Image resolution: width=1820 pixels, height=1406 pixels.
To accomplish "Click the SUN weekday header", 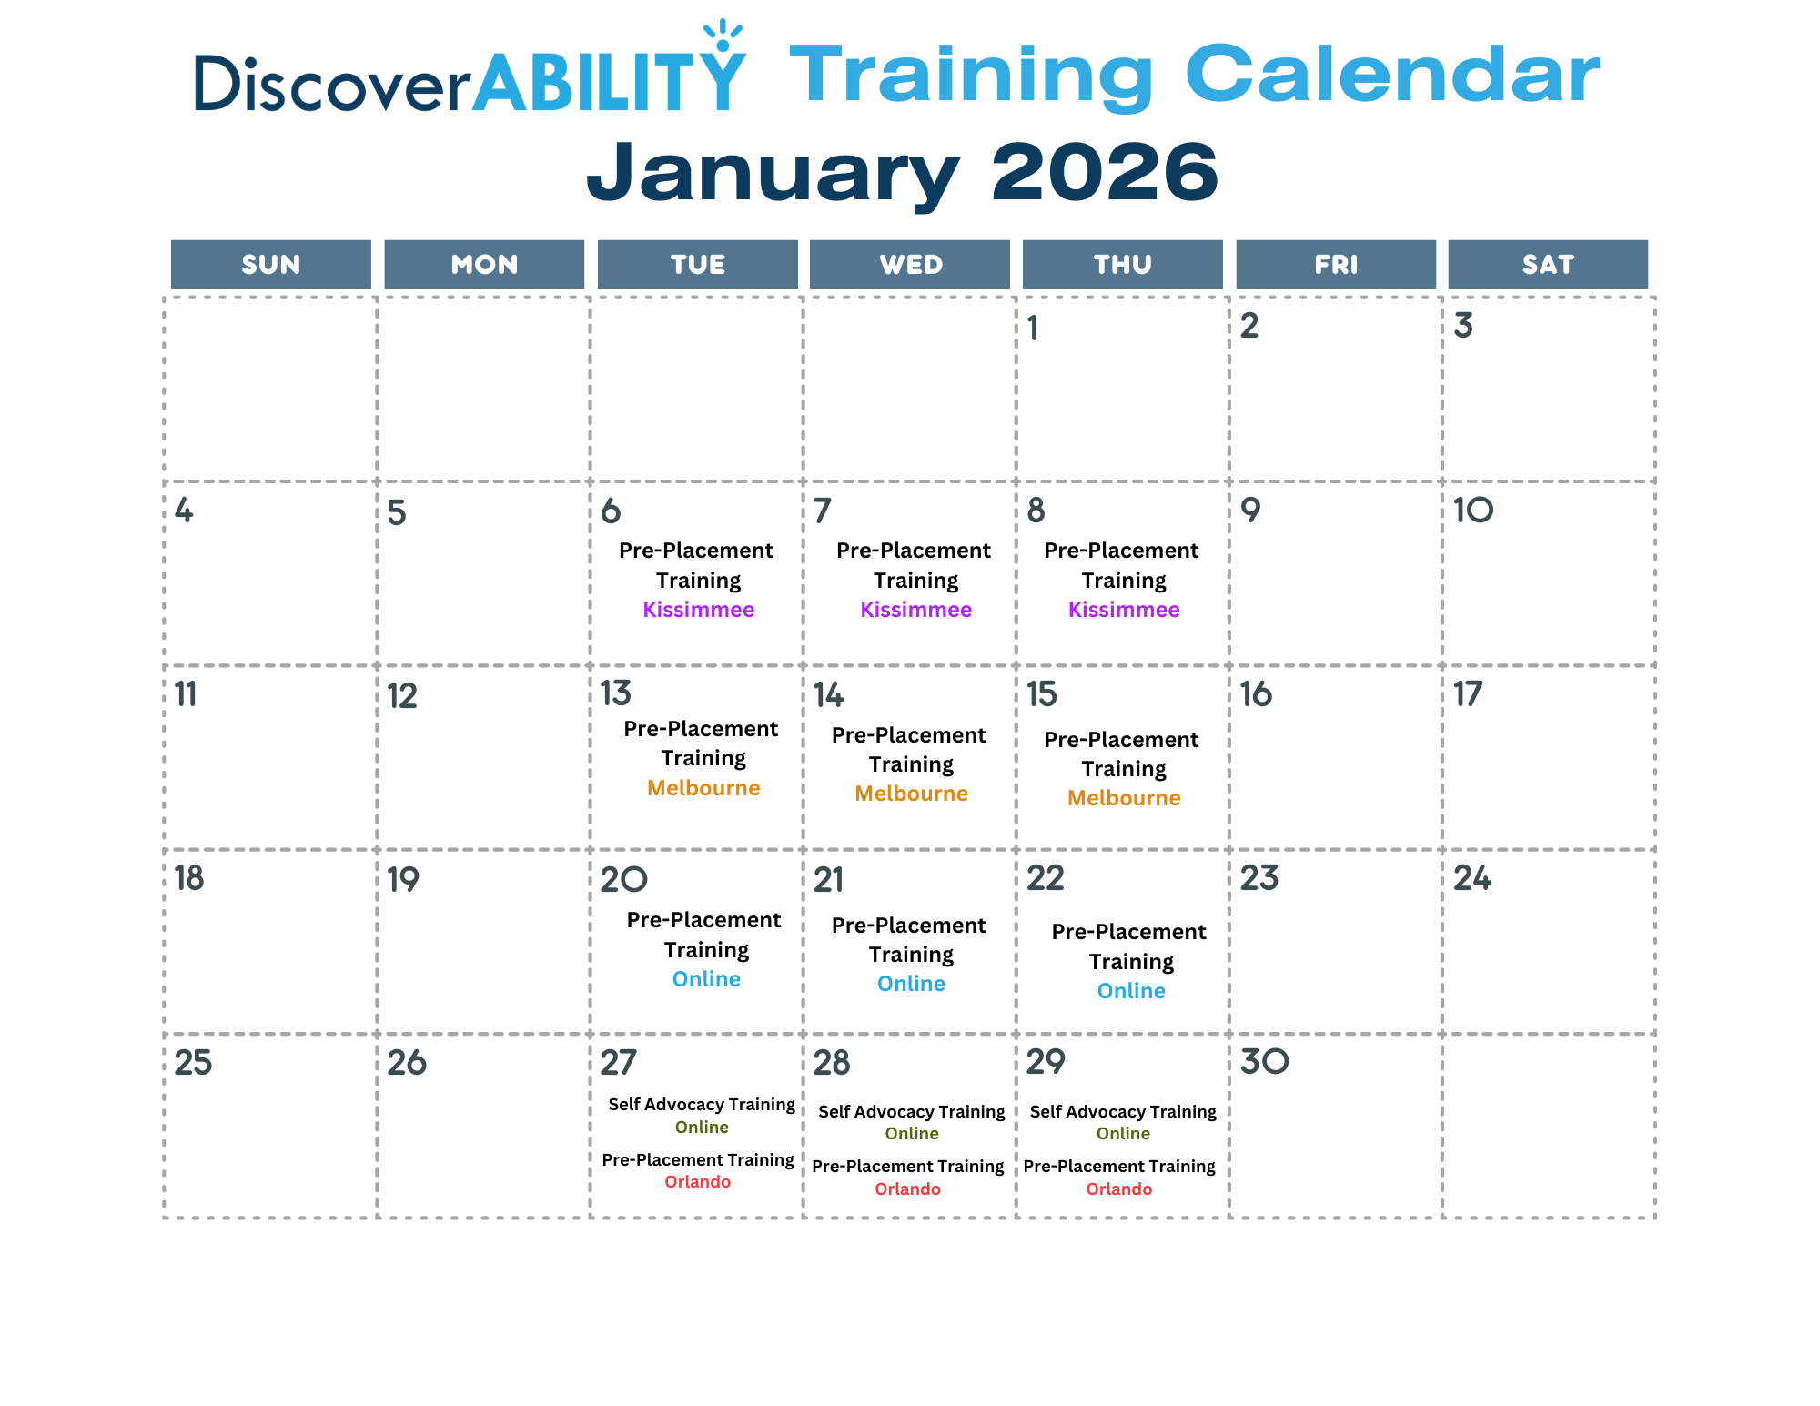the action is point(271,265).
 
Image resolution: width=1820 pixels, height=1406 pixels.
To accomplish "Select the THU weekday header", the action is point(1123,265).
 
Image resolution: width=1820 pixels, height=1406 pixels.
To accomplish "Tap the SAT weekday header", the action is point(1548,265).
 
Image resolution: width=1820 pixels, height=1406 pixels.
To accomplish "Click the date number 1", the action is point(1033,328).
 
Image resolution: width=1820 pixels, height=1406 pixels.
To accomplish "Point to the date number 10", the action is point(1473,510).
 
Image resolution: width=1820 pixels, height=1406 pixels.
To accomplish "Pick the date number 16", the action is point(1256,694).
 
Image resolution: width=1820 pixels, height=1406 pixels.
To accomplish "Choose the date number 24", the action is point(1472,878).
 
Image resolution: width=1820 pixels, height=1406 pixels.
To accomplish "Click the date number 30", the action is point(1265,1061).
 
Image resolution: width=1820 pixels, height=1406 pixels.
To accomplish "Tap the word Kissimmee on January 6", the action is point(699,610).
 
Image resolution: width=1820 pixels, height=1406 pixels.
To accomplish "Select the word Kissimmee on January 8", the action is point(1124,610).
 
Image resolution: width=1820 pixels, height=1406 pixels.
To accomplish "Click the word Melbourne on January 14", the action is point(911,794).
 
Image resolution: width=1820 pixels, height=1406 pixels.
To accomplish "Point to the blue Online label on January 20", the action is point(706,979).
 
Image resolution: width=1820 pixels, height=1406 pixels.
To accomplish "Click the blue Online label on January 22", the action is point(1131,991).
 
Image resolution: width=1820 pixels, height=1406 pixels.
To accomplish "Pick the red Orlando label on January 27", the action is point(698,1182).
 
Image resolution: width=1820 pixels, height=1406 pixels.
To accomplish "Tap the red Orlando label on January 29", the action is point(1119,1189).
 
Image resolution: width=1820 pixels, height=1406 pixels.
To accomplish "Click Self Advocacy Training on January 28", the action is point(912,1112).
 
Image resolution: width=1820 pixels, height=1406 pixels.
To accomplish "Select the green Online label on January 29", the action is point(1123,1134).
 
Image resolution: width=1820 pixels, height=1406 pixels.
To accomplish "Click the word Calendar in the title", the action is point(1392,74).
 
